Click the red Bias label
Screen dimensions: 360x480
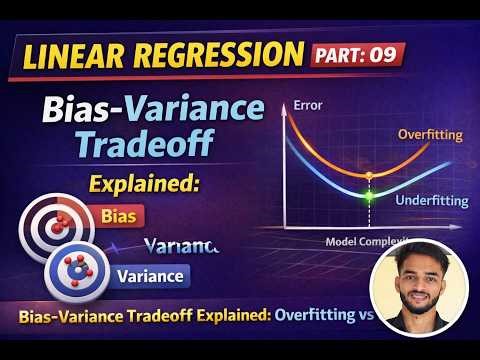[120, 215]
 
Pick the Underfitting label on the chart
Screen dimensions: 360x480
[431, 201]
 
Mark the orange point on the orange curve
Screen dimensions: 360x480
[370, 174]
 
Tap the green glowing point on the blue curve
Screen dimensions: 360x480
[369, 193]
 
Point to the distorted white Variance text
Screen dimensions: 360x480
[181, 246]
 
